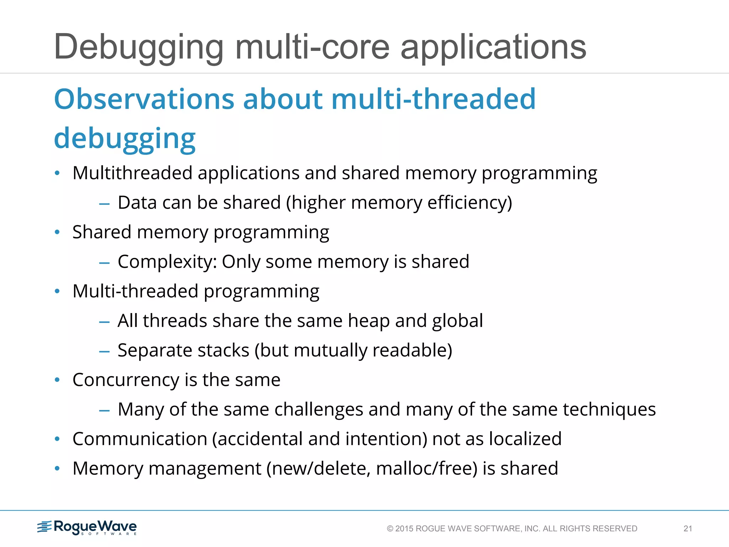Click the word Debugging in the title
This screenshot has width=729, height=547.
click(139, 47)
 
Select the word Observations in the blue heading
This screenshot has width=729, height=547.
click(144, 99)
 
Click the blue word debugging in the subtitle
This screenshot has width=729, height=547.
click(125, 138)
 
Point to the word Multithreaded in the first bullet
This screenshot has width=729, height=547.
click(132, 173)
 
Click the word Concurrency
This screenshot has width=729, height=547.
click(126, 380)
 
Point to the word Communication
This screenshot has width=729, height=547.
click(140, 439)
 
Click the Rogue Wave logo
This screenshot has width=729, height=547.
click(87, 527)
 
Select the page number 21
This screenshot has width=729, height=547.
click(688, 529)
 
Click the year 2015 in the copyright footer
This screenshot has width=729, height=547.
click(404, 529)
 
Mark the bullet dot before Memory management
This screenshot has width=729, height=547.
click(57, 469)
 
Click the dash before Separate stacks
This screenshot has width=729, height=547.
click(104, 351)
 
